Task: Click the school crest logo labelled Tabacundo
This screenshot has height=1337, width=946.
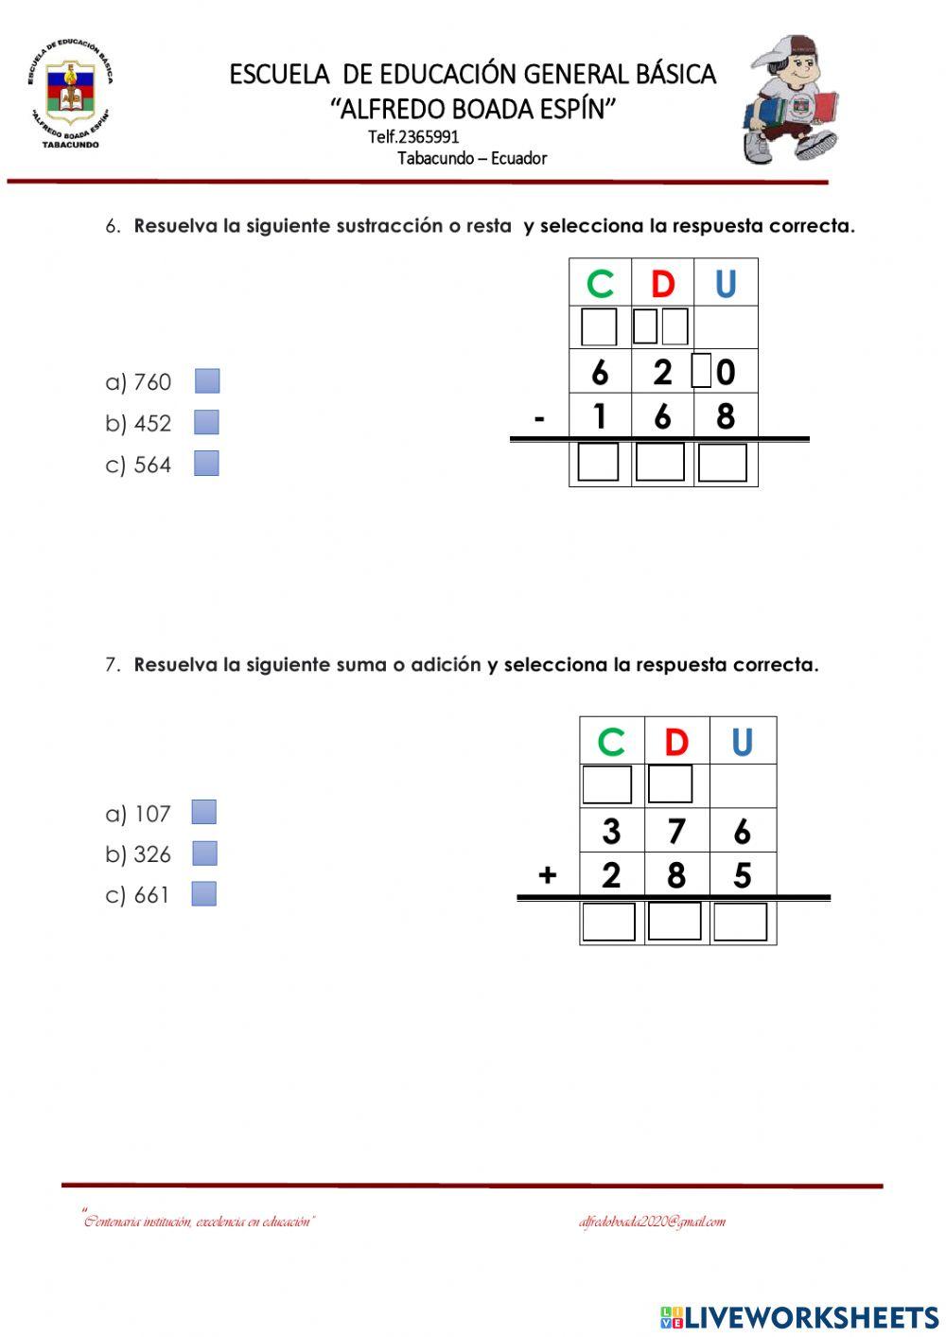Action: pyautogui.click(x=68, y=94)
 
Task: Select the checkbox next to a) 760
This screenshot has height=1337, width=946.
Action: pyautogui.click(x=207, y=381)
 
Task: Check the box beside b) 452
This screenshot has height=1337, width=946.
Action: pyautogui.click(x=206, y=422)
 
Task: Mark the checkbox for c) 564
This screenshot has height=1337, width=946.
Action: pyautogui.click(x=206, y=464)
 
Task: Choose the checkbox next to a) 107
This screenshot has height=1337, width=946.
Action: pyautogui.click(x=203, y=813)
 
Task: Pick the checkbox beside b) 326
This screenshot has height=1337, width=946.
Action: pyautogui.click(x=204, y=853)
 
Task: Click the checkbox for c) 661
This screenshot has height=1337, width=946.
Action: pyautogui.click(x=203, y=894)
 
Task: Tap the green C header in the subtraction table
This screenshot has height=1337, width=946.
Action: pyautogui.click(x=600, y=284)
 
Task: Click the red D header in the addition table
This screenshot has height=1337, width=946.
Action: pyautogui.click(x=675, y=742)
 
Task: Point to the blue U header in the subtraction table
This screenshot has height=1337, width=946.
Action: pyautogui.click(x=726, y=284)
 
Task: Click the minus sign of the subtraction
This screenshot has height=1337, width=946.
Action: pyautogui.click(x=539, y=417)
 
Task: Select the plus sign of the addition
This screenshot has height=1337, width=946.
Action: pyautogui.click(x=547, y=875)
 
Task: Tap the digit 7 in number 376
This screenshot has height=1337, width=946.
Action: pyautogui.click(x=675, y=832)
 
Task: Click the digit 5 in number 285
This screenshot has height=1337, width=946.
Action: pyautogui.click(x=742, y=875)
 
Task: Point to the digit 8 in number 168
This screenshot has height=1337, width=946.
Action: pyautogui.click(x=726, y=416)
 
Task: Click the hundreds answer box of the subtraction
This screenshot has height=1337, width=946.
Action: pyautogui.click(x=598, y=463)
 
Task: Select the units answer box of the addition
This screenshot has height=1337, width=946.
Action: pyautogui.click(x=740, y=922)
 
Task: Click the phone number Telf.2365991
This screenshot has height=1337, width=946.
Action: pyautogui.click(x=413, y=137)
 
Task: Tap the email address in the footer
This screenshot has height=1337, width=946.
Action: pyautogui.click(x=652, y=1222)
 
